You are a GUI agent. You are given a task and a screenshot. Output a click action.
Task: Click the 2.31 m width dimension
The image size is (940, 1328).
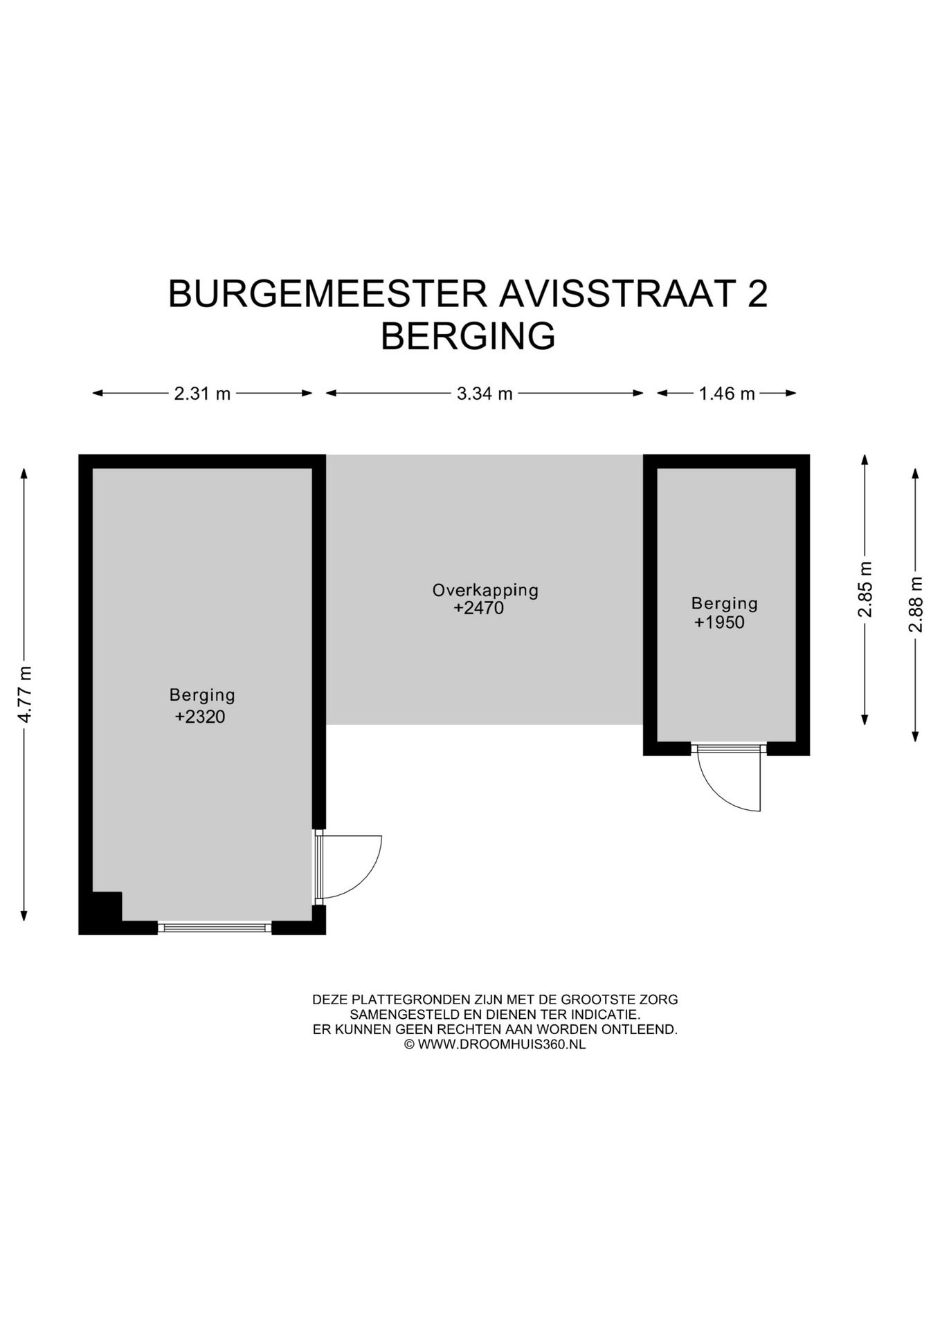[x=201, y=394]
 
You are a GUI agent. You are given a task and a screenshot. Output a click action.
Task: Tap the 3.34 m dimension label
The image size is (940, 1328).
[x=484, y=394]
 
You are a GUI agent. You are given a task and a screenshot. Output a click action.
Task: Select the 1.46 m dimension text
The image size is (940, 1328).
[x=726, y=394]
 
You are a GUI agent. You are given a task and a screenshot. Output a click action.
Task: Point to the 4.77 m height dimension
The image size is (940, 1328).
[x=25, y=694]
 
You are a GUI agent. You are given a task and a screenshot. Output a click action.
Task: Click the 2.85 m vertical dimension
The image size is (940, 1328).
[x=865, y=589]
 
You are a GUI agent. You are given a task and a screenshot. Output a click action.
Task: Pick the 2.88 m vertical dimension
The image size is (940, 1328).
[x=916, y=605]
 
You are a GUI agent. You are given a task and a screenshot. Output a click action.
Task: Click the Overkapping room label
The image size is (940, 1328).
[x=485, y=590]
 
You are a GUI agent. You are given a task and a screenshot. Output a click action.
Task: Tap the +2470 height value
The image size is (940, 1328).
[x=478, y=609]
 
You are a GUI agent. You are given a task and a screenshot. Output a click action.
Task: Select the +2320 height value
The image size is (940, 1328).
[x=200, y=717]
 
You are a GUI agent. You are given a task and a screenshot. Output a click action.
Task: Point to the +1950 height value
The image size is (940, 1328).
[x=719, y=622]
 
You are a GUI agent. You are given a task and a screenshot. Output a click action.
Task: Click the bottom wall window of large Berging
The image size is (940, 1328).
[x=215, y=928]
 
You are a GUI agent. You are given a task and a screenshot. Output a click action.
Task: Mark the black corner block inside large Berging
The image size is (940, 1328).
[x=106, y=907]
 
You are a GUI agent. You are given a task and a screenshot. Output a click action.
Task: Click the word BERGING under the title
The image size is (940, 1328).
[x=468, y=337]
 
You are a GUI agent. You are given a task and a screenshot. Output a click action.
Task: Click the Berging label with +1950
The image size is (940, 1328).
[x=724, y=603]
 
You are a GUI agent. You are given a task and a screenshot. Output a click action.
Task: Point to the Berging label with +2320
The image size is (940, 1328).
[x=202, y=694]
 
